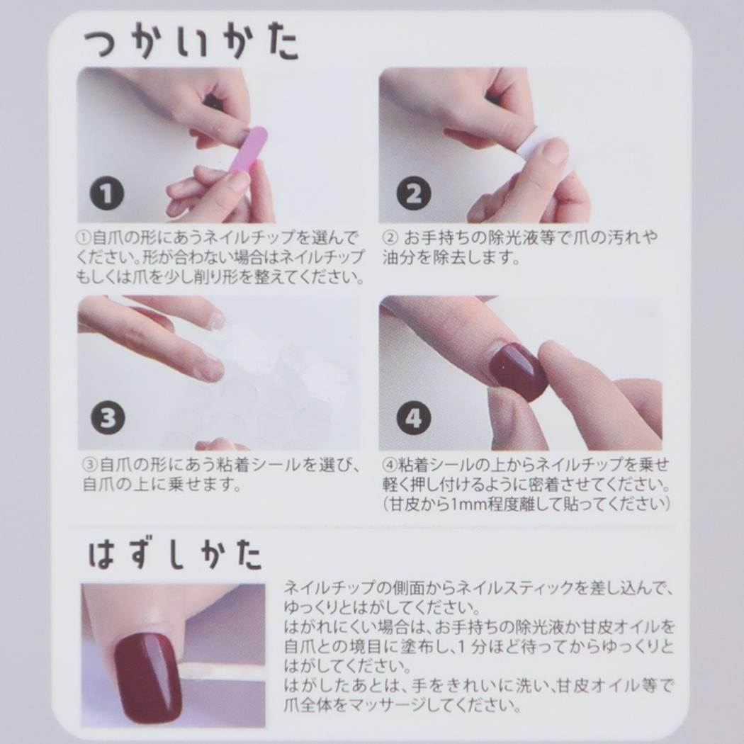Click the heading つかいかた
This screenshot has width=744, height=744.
point(191,45)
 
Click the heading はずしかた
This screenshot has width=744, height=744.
point(175,554)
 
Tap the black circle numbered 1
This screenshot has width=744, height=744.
point(107,193)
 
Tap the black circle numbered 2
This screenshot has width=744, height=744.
point(414,193)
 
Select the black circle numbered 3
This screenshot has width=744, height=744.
point(108,418)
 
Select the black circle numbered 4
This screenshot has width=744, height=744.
point(414,418)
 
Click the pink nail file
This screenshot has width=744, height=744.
point(247,152)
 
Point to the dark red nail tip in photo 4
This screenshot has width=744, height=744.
point(518,371)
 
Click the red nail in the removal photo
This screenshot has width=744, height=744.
point(148,678)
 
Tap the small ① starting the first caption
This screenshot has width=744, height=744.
point(84,237)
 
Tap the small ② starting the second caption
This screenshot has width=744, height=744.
point(389,237)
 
